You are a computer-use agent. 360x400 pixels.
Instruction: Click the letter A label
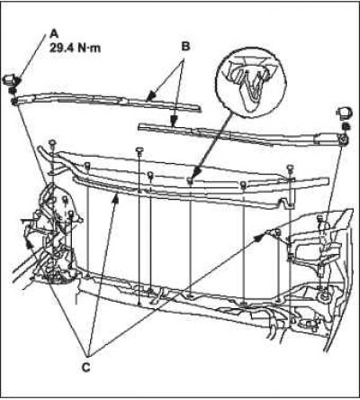tap(54, 33)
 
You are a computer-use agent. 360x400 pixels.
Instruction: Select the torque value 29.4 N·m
tap(75, 48)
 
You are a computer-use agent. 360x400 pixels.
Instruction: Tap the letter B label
tap(185, 47)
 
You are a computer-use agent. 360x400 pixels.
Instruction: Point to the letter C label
tap(86, 368)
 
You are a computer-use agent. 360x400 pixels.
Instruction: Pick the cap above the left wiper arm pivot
tap(12, 80)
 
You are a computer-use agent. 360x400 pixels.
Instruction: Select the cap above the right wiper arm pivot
tap(345, 112)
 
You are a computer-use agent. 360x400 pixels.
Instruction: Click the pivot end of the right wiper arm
tap(343, 140)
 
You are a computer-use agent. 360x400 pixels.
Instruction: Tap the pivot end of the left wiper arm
tap(14, 100)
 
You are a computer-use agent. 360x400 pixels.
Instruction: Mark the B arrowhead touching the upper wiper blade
tap(151, 95)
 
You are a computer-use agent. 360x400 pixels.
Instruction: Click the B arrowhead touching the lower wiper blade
tap(173, 122)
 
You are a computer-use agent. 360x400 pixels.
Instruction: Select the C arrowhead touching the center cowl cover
tap(117, 198)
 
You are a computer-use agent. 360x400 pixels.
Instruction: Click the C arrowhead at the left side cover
tap(29, 245)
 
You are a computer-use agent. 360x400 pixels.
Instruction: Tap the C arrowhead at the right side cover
tap(259, 238)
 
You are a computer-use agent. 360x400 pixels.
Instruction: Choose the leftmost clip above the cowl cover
tap(53, 143)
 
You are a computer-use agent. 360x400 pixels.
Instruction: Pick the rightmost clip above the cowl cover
tap(290, 168)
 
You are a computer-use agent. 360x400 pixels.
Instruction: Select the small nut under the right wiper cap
tap(345, 126)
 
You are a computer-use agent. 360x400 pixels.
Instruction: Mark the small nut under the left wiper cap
tap(13, 90)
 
